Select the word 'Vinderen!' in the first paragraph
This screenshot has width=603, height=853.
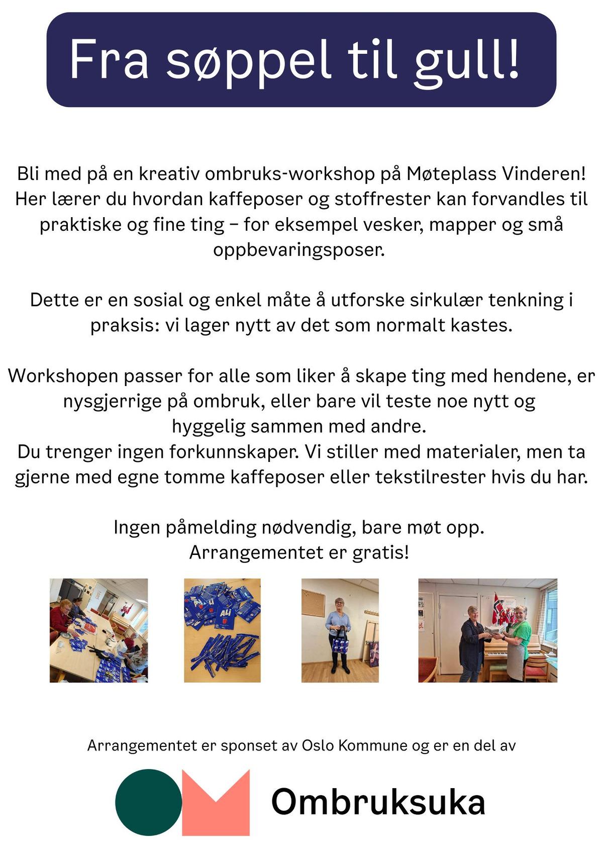tap(545, 174)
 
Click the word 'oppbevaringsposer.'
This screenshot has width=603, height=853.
tap(299, 250)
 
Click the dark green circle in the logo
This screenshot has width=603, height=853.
tap(149, 802)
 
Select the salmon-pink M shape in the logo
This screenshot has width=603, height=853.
tap(216, 802)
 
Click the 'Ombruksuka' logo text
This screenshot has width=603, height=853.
tap(378, 802)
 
